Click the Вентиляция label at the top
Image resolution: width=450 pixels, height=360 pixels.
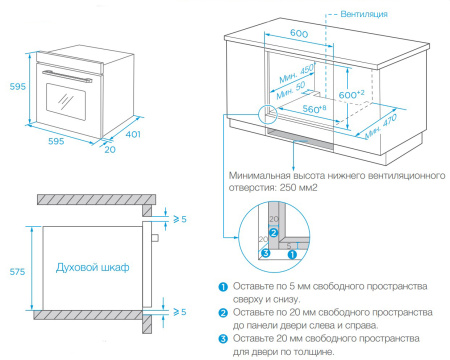tap(365, 14)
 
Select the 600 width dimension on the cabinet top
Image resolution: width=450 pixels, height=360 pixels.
tap(299, 34)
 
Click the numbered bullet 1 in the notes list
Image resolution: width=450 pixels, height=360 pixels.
tap(224, 287)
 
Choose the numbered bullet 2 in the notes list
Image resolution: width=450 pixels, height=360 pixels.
tap(224, 313)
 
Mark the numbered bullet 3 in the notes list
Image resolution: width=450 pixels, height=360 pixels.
tap(224, 338)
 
